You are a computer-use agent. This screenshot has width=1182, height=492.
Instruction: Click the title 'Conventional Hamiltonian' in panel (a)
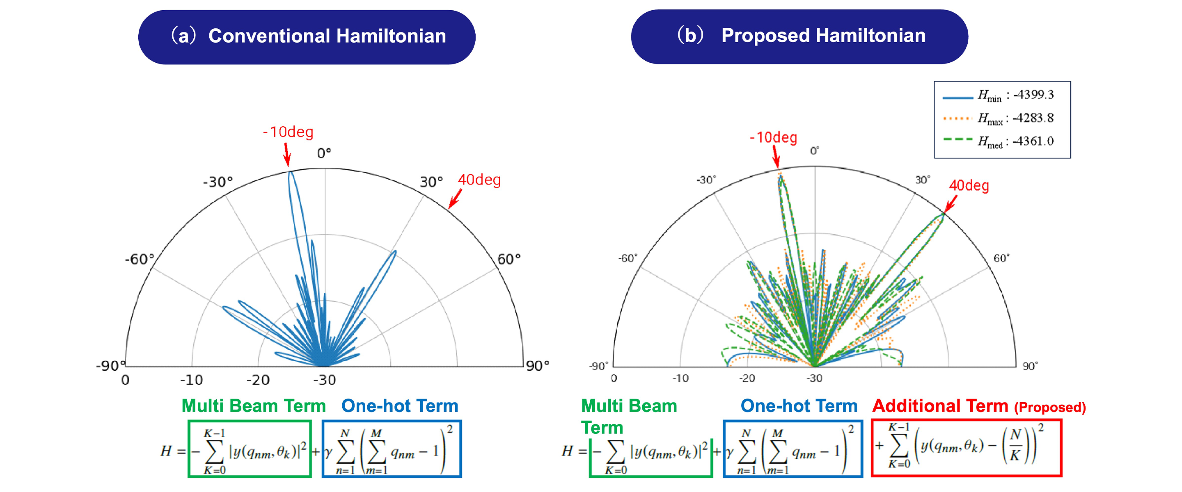pos(327,36)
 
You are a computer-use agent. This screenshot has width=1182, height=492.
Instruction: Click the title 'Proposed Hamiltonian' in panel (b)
pos(823,36)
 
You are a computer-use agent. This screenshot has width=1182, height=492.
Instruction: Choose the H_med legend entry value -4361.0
pos(1033,141)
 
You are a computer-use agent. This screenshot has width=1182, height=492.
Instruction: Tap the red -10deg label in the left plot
pos(288,132)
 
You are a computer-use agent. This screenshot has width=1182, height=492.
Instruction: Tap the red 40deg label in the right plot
pos(969,186)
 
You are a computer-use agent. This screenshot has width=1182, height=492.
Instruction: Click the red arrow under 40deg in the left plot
pos(455,199)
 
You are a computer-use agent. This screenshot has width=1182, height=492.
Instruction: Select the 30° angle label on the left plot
pos(431,182)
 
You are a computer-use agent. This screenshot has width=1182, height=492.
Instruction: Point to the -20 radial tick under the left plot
pos(258,380)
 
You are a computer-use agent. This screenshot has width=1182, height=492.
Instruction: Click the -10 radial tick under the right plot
pos(680,379)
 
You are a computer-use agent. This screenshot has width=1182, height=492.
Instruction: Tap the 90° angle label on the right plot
pos(1030,366)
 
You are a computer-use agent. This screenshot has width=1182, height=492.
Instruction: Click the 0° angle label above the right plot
pos(814,151)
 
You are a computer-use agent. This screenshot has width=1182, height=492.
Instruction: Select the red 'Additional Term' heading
pos(940,406)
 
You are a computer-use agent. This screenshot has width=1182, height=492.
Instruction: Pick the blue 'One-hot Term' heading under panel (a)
pos(400,406)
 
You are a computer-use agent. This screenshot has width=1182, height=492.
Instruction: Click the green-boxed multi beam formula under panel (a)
pos(250,449)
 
